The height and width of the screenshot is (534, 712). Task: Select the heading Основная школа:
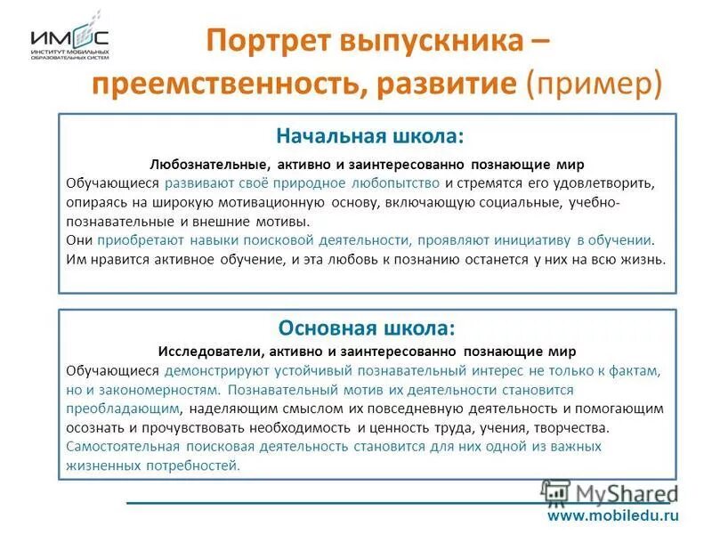click(368, 327)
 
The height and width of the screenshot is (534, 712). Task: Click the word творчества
click(572, 427)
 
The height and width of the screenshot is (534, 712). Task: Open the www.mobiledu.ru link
click(613, 515)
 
